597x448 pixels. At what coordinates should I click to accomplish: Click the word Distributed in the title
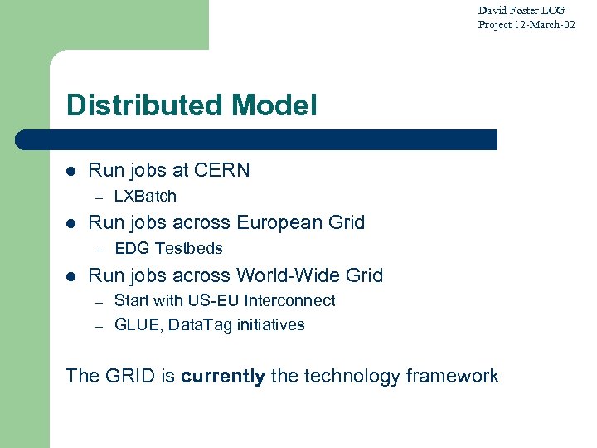tap(146, 105)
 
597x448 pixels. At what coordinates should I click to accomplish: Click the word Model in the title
tap(275, 105)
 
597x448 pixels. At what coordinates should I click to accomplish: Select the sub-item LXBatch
tap(145, 197)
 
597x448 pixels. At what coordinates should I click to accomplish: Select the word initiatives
tap(271, 325)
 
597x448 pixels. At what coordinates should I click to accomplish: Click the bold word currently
tap(223, 376)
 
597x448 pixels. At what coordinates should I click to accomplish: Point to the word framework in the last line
tap(452, 376)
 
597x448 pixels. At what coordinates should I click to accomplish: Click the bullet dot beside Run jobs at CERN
tap(72, 172)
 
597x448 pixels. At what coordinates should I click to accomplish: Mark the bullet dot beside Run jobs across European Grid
tap(72, 223)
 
